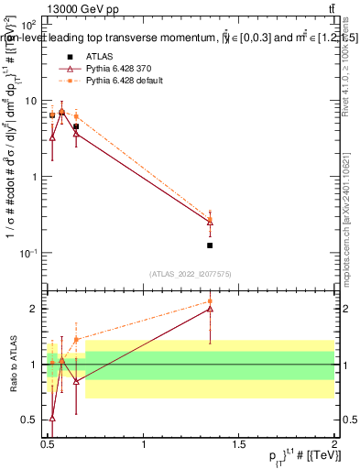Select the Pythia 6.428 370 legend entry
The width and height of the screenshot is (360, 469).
coord(122,70)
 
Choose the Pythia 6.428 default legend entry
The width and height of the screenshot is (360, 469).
coord(126,82)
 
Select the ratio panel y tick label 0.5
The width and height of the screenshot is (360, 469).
coord(31,420)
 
